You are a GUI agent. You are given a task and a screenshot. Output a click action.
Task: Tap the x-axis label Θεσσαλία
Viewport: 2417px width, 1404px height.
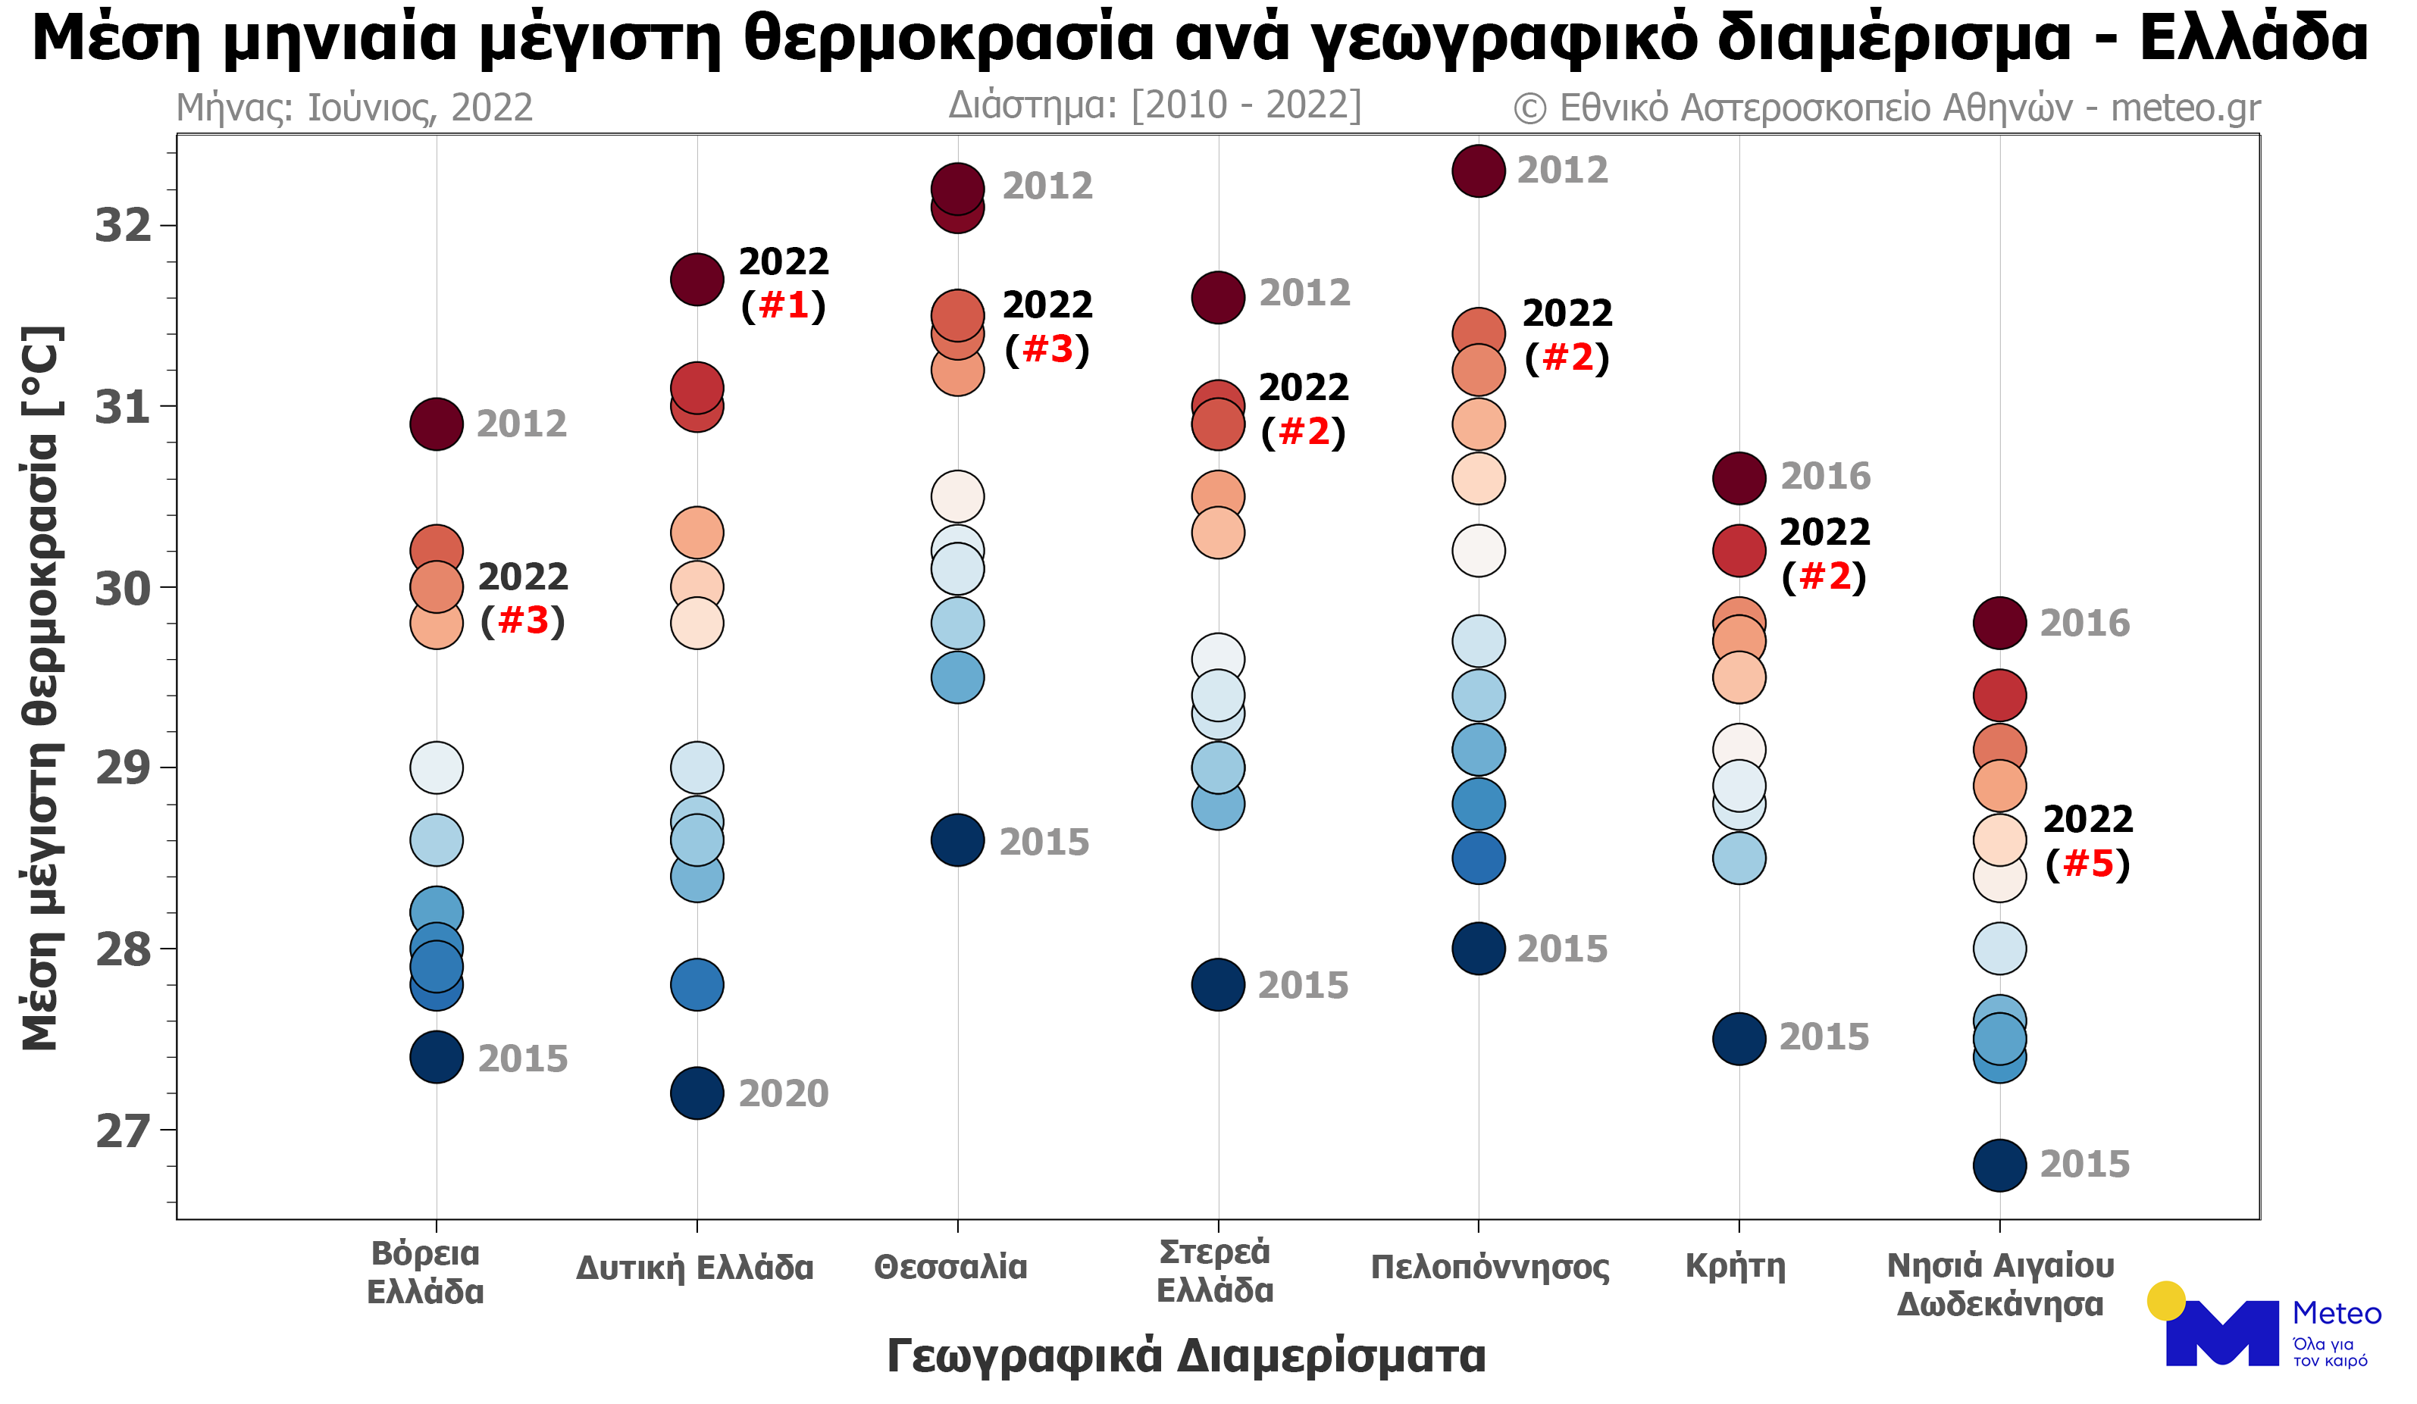click(950, 1267)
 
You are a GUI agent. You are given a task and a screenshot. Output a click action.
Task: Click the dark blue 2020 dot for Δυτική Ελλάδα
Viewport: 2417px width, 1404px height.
click(697, 1093)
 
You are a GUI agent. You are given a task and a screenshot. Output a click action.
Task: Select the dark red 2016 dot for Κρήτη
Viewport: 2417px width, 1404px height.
click(1739, 477)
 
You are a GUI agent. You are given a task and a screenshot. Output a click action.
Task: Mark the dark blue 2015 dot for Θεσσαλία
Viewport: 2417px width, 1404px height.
click(957, 841)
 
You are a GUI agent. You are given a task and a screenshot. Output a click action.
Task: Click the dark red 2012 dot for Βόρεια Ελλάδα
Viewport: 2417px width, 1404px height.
click(437, 424)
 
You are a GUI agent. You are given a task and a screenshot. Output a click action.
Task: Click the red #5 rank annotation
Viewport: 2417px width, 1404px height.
click(2088, 864)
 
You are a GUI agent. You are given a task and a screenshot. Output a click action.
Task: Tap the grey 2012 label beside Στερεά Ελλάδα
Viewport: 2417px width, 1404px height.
click(1304, 293)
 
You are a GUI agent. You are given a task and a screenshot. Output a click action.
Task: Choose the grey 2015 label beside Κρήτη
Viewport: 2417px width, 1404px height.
click(1824, 1037)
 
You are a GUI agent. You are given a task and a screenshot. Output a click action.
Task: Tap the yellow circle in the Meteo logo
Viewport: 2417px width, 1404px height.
click(2165, 1302)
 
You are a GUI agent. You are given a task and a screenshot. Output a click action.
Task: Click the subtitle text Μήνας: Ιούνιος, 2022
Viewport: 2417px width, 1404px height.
click(355, 108)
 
